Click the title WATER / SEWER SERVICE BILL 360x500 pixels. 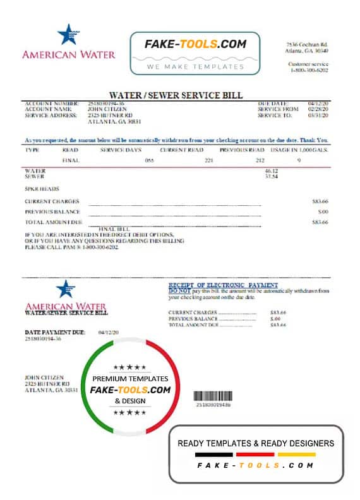176,95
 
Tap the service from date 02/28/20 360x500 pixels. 319,109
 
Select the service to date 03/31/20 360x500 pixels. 319,115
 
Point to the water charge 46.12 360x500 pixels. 272,171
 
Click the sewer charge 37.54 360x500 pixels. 272,177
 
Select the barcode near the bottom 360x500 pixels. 213,395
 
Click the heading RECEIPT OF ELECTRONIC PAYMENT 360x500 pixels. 223,285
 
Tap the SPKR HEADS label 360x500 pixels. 42,189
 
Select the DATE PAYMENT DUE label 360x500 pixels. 54,331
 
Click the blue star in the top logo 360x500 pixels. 68,35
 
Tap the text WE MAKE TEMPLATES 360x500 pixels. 195,66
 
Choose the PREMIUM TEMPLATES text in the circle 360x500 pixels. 130,378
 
